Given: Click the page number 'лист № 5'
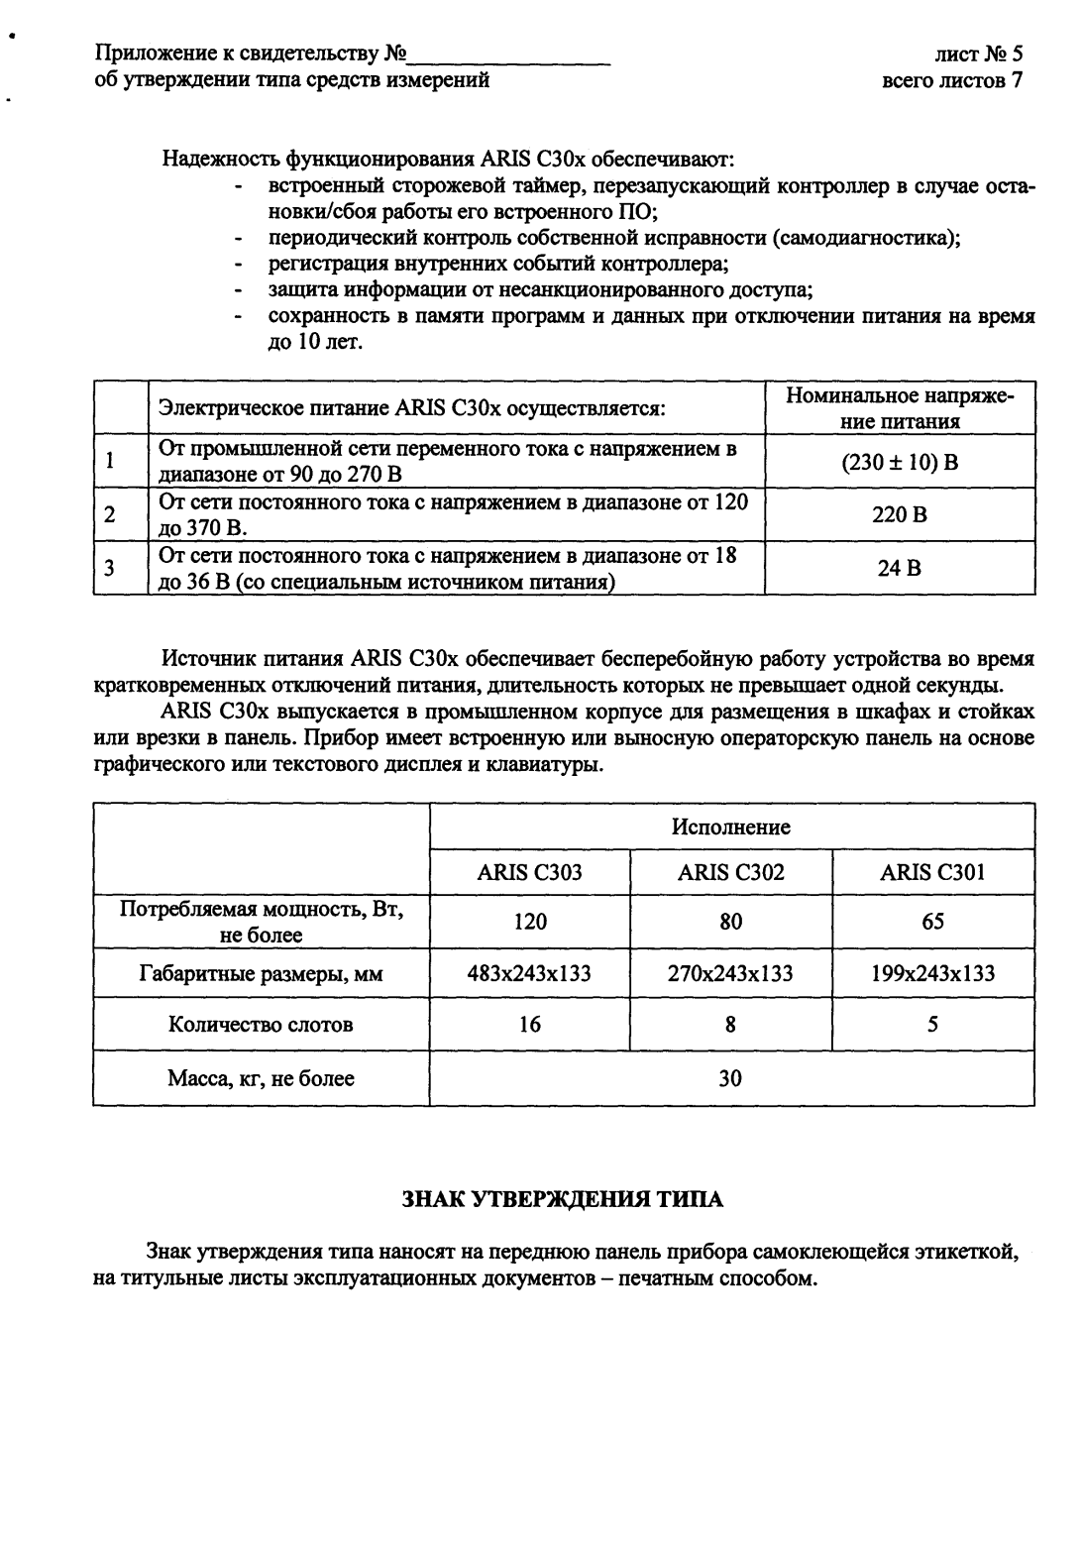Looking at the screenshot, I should tap(978, 55).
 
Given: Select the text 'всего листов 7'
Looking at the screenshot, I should tap(952, 80).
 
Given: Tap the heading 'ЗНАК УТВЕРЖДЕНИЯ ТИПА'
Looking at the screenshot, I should tap(562, 1199).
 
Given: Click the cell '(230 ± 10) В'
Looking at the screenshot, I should tap(900, 462).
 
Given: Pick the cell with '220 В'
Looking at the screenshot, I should tap(900, 515).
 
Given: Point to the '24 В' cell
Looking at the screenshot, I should tap(900, 569).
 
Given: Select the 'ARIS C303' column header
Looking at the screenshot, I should tap(529, 872).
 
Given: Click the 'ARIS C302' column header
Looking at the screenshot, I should tap(730, 872).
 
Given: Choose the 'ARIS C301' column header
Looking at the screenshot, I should tap(932, 872).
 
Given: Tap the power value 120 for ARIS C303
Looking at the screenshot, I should tap(529, 922).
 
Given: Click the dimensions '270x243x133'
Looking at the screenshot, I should tap(730, 973).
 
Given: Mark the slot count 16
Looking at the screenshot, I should tap(529, 1025).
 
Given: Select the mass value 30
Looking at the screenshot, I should tap(730, 1078).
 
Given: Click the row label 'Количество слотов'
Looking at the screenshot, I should tap(261, 1025).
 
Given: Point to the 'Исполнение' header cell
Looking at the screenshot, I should tap(731, 827).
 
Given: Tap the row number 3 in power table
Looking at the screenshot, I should tap(111, 569).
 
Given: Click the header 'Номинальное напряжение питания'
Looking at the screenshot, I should tap(900, 408).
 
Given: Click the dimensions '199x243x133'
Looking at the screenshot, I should tap(932, 973).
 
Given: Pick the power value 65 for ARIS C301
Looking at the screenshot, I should tap(932, 922).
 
